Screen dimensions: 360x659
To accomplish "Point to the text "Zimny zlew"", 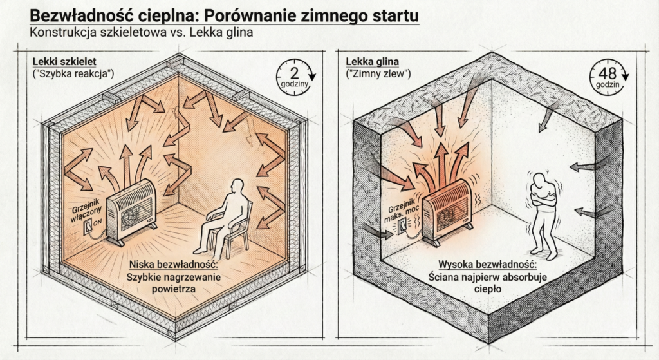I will (379, 74).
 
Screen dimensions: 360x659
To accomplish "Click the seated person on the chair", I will (229, 216).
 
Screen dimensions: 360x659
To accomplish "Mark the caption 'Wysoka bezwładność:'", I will (487, 265).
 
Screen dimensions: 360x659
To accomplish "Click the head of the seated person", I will (237, 187).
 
